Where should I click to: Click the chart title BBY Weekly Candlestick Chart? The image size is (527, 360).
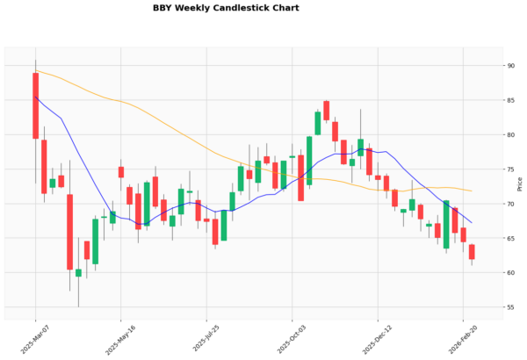226,8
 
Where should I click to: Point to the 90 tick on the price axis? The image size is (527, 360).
509,66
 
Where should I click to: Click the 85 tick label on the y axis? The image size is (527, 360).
509,100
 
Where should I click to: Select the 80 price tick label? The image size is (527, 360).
509,134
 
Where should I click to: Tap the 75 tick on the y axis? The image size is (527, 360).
509,169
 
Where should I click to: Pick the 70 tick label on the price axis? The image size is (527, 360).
509,204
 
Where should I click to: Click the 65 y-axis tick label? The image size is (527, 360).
509,238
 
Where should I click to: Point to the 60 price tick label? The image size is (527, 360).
509,273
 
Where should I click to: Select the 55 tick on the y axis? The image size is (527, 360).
509,307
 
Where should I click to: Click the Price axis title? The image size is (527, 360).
521,184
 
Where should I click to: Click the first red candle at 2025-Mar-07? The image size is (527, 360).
36,105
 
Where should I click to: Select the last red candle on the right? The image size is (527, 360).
472,252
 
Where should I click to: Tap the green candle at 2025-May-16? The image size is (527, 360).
112,217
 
